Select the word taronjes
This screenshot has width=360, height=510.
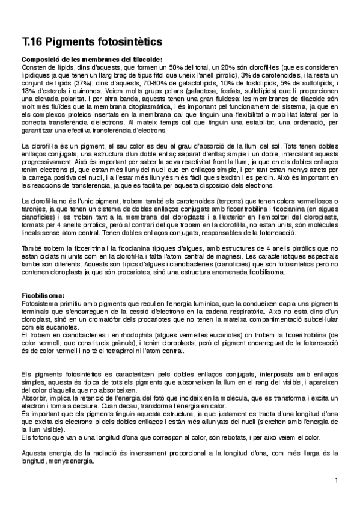click(34, 207)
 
